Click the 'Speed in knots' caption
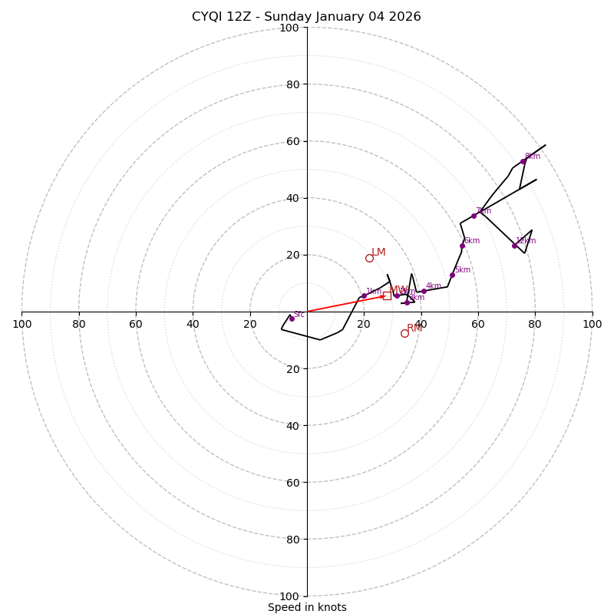point(307,607)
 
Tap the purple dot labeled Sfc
point(292,319)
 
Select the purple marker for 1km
point(364,295)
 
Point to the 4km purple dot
point(424,291)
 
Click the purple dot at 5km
point(452,275)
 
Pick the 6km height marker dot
point(462,246)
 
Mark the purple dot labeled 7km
point(474,216)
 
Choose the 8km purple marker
point(523,161)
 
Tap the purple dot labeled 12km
point(514,246)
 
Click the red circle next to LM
point(369,258)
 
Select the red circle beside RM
point(404,333)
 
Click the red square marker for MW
point(387,295)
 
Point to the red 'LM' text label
point(378,252)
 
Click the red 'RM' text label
point(414,328)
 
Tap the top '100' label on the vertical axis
point(289,28)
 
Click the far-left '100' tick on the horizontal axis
point(21,324)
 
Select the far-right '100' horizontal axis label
point(592,324)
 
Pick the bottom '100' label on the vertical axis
point(289,596)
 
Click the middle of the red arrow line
point(345,304)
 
